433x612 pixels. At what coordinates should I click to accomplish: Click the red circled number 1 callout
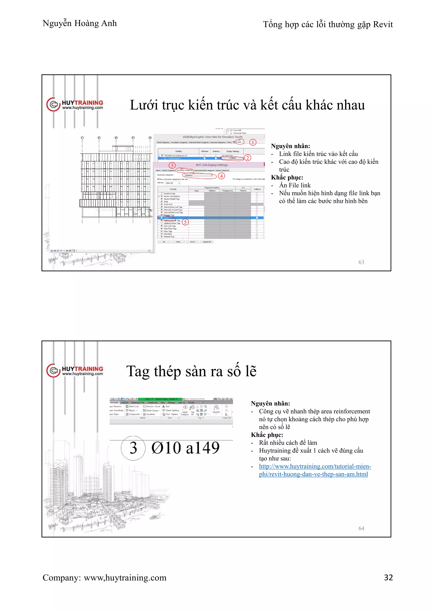tap(253, 142)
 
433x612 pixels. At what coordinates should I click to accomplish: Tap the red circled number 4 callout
tap(221, 176)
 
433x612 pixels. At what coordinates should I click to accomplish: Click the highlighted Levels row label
tap(166, 218)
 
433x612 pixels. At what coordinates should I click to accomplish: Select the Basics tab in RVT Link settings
tap(158, 170)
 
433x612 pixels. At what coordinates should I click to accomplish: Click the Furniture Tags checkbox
tap(162, 194)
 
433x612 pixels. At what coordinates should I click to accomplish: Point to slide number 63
tap(361, 262)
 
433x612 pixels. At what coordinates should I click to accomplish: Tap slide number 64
tap(361, 528)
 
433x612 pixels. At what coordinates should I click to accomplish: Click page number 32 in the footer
tap(388, 577)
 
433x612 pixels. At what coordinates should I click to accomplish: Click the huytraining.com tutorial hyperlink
tap(315, 470)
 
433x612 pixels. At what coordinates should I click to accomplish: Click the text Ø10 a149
tap(185, 448)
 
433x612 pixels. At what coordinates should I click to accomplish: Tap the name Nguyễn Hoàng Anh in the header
tap(79, 23)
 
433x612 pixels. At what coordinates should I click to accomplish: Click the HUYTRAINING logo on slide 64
tap(75, 370)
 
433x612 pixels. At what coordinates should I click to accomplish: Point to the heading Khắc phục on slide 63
tap(287, 178)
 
